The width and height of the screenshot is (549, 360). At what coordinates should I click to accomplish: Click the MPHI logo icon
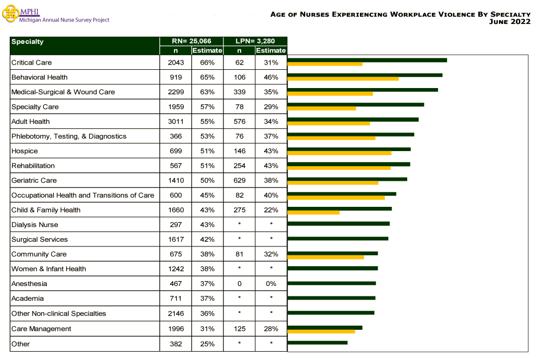point(10,14)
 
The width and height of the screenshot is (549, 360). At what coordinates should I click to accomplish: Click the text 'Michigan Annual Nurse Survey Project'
point(64,20)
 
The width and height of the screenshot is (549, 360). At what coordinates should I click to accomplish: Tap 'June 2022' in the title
point(510,22)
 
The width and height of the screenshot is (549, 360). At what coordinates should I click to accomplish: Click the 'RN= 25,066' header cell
point(191,42)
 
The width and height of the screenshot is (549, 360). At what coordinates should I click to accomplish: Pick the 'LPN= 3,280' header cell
point(255,42)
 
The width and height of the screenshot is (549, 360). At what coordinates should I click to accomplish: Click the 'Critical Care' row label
point(32,63)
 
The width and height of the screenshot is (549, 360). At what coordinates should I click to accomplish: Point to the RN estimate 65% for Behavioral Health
point(207,77)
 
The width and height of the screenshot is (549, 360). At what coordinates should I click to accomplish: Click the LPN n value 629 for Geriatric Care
point(240,180)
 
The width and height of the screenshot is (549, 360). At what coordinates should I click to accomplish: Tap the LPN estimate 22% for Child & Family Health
point(271,210)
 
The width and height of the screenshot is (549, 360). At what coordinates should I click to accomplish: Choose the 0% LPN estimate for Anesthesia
point(271,284)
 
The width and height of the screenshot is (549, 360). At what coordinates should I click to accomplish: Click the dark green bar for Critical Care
point(367,60)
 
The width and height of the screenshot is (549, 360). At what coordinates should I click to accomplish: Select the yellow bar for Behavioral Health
point(343,79)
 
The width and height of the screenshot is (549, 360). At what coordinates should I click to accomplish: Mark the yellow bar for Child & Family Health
point(313,212)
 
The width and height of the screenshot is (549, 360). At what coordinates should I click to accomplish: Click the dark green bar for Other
point(317,342)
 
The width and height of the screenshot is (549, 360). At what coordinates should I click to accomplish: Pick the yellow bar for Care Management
point(321,331)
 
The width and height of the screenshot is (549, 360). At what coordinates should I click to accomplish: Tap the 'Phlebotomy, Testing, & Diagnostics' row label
point(69,136)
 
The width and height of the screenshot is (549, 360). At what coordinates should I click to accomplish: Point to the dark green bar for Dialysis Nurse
point(338,224)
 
